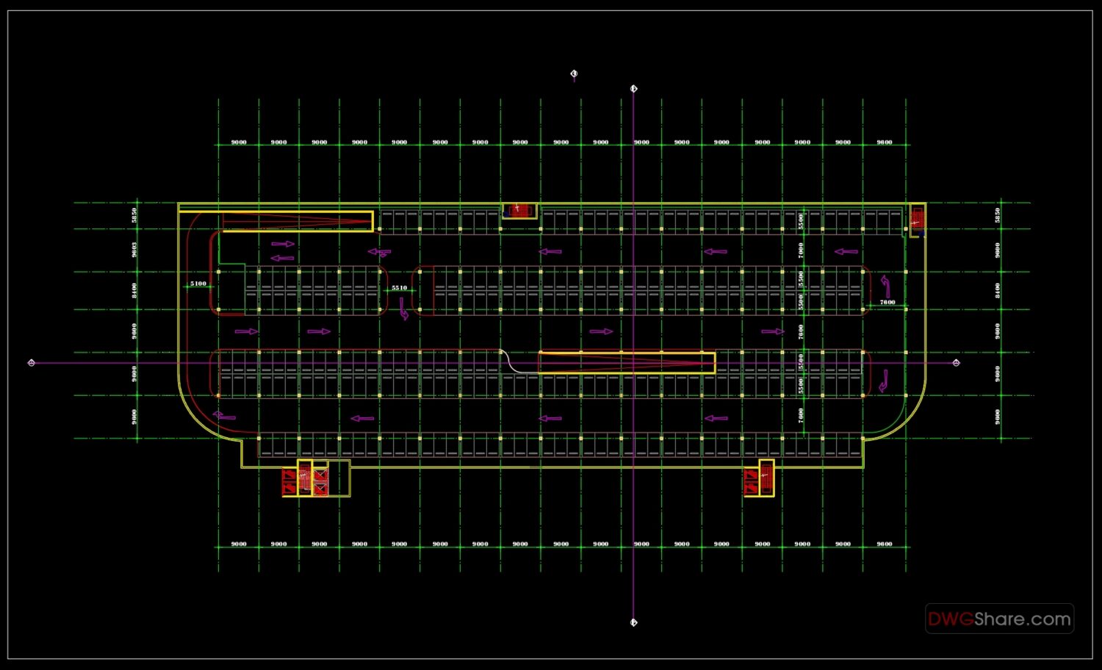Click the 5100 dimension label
click(x=198, y=284)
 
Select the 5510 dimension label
click(x=399, y=288)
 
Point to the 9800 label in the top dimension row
click(x=885, y=143)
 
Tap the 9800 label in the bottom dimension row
click(x=885, y=544)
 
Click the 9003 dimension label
click(x=134, y=250)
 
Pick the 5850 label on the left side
click(x=134, y=215)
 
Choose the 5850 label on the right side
click(x=998, y=215)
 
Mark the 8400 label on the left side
click(x=134, y=290)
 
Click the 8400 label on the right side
click(x=998, y=290)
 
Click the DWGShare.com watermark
click(x=999, y=619)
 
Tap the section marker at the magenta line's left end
click(x=31, y=363)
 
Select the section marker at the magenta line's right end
click(x=956, y=363)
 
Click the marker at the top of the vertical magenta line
click(x=634, y=89)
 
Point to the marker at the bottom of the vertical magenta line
click(x=634, y=623)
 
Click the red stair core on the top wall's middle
click(x=519, y=210)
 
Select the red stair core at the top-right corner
click(x=917, y=219)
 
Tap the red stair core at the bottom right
click(x=758, y=479)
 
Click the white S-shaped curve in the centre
click(x=512, y=362)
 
